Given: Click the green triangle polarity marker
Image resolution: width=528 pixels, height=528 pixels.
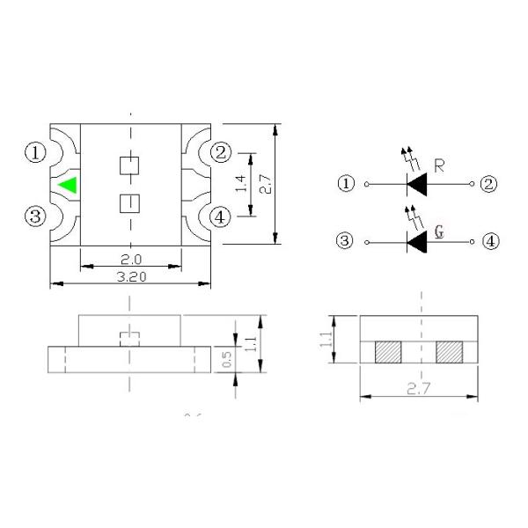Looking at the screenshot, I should (x=68, y=186).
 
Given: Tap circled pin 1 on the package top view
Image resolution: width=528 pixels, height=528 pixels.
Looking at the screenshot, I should (x=35, y=153).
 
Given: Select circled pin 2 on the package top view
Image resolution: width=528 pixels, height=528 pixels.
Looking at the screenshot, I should (x=221, y=153).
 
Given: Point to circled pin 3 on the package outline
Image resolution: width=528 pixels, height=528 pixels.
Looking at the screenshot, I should (x=35, y=216).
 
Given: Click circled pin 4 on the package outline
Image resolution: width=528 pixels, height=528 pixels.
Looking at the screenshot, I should (x=221, y=216).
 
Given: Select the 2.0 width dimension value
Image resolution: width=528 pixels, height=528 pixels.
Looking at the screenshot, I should (x=130, y=260).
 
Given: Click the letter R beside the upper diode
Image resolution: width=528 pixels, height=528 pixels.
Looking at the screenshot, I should (x=440, y=164).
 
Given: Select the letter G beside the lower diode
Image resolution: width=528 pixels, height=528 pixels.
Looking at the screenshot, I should (x=440, y=233).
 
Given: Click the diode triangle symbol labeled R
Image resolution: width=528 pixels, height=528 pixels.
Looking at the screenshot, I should (x=415, y=184).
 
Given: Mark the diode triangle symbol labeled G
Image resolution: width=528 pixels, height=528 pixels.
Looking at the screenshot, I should (x=415, y=240).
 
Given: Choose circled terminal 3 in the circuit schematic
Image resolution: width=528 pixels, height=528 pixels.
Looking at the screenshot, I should (x=346, y=240).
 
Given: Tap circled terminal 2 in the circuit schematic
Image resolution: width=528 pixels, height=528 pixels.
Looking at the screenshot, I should (x=489, y=184).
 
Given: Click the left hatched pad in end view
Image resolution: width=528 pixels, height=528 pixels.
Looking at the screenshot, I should (x=387, y=352).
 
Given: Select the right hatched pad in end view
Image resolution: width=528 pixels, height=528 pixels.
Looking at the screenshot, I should (x=449, y=352).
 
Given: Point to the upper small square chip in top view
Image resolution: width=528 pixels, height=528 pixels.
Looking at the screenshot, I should (x=130, y=165).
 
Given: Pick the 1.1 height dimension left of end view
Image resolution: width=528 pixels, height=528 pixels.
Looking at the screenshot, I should (x=328, y=339).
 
